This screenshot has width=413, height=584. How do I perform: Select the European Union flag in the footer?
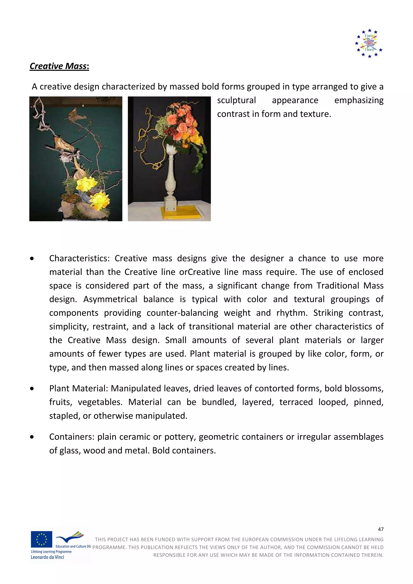coord(42,539)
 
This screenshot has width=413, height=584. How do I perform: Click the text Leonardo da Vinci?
coord(47,557)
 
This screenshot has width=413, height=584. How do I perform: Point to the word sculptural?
coord(236,101)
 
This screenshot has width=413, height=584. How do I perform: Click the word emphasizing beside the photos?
coord(359,101)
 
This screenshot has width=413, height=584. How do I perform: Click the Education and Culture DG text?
coord(73,546)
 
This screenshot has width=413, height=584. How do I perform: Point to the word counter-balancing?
coord(183,313)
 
